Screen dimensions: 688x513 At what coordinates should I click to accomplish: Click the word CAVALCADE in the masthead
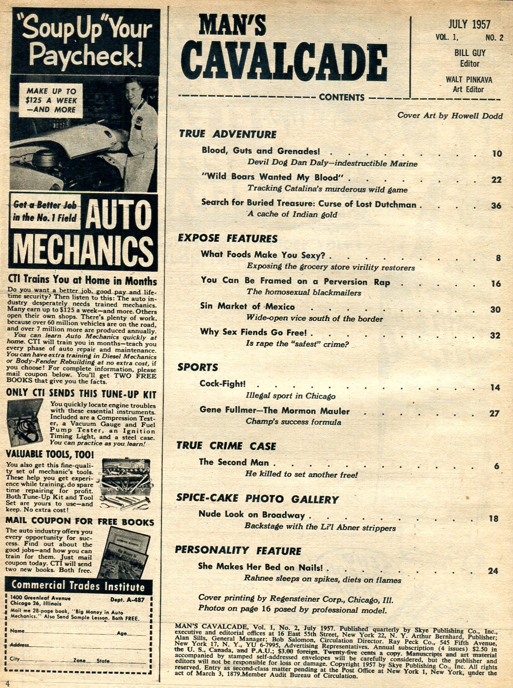tap(287, 62)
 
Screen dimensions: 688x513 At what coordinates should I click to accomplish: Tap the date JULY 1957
tap(469, 24)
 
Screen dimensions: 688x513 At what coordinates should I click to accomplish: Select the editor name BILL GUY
tap(469, 53)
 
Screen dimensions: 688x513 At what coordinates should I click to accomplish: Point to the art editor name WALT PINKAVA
tap(469, 79)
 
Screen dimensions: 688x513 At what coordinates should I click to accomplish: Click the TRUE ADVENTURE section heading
tap(227, 134)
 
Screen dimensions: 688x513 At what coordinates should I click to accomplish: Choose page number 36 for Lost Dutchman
tap(496, 206)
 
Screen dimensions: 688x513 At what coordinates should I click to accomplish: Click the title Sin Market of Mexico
tap(247, 306)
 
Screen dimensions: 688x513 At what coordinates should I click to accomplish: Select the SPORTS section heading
tap(197, 367)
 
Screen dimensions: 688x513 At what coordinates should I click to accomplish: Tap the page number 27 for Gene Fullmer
tap(494, 413)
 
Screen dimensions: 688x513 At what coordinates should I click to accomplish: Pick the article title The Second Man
tap(234, 462)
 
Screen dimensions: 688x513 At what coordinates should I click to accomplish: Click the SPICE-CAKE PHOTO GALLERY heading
tap(257, 499)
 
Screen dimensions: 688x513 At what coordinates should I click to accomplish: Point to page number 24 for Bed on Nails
tap(493, 571)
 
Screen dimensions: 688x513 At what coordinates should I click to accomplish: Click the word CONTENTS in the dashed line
tap(342, 97)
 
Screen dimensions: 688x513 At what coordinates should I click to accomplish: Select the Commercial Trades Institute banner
tap(78, 586)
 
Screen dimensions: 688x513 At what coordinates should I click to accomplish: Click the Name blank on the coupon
tap(68, 631)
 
